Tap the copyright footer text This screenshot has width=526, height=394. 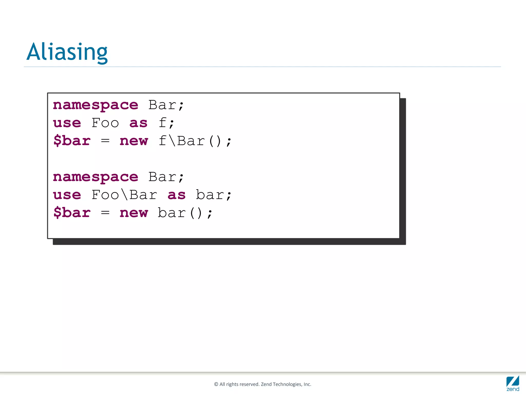[x=262, y=384]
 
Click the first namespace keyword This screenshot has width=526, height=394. [x=96, y=105]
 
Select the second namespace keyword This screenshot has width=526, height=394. [x=96, y=177]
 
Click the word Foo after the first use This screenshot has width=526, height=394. [x=105, y=123]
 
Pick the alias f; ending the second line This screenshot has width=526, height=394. [x=166, y=123]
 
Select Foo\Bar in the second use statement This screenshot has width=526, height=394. [x=124, y=195]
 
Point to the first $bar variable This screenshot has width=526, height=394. [x=72, y=141]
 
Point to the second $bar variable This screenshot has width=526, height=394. [x=72, y=213]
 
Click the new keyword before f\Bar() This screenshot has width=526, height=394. [x=134, y=141]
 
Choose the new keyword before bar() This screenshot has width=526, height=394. [x=134, y=213]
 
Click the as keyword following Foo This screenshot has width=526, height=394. [x=138, y=123]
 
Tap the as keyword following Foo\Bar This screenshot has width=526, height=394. [x=176, y=195]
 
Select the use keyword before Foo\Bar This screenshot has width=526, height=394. [x=67, y=195]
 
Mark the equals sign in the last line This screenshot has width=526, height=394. [x=105, y=213]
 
